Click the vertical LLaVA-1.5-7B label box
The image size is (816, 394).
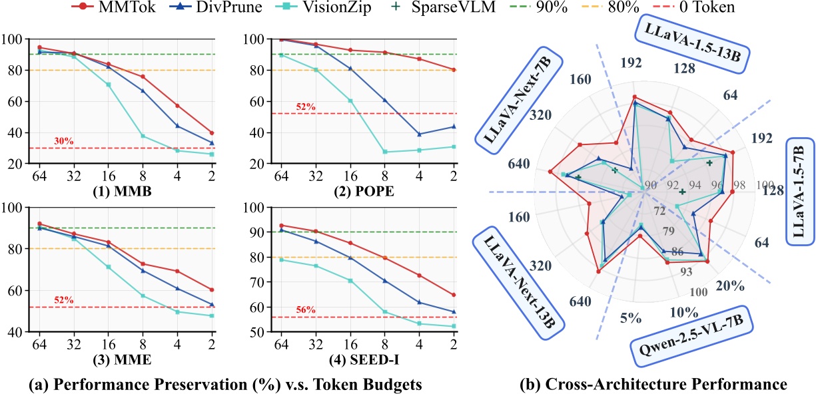[x=799, y=192]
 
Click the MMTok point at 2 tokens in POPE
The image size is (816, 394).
[x=454, y=70]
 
